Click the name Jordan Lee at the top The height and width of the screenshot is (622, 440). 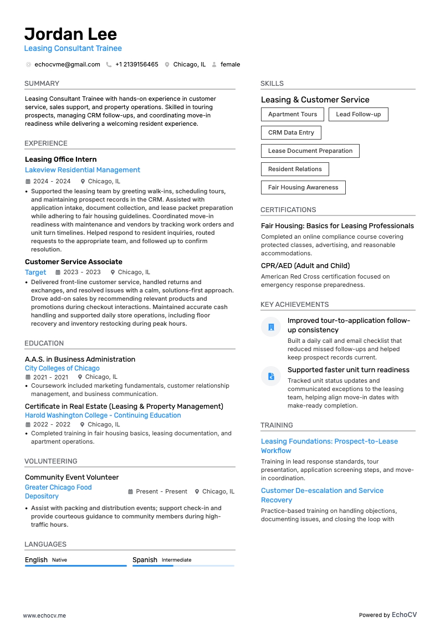pos(70,34)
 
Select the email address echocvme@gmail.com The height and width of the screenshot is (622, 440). pos(67,64)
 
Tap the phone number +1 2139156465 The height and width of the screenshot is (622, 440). pos(136,64)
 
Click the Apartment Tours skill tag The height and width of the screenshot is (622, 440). pos(293,115)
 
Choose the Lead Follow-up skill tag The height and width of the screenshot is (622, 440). pos(358,115)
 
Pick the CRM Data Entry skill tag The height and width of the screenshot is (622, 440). pos(291,133)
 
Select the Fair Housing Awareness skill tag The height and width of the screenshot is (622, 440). pos(303,188)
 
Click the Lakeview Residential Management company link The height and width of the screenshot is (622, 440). pos(83,170)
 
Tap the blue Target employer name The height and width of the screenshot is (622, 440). pos(35,273)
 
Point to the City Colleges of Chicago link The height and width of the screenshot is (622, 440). pos(62,368)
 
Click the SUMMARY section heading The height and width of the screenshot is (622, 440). pos(42,84)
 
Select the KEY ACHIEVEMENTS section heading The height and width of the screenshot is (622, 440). pos(294,305)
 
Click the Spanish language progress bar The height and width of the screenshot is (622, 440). pos(183,566)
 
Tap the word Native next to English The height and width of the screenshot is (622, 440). pos(59,560)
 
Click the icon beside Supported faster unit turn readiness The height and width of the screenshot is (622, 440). pos(271,376)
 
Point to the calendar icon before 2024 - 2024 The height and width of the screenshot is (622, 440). pos(28,182)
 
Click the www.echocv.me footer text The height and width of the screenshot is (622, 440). pos(44,615)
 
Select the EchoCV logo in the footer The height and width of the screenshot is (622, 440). pos(404,615)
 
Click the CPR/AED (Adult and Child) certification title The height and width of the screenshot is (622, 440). pos(305,266)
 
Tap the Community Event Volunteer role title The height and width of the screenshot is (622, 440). pos(71,477)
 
